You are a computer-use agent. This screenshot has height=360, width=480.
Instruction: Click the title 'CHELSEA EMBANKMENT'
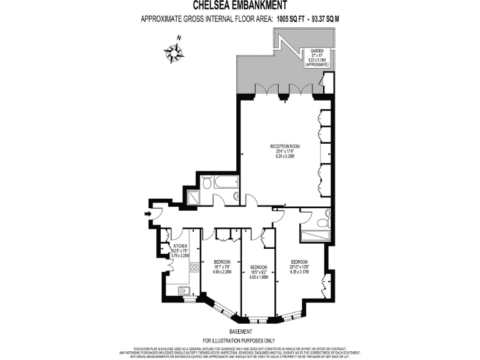pos(240,6)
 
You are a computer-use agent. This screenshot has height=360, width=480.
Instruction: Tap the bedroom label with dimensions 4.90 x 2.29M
pos(222,267)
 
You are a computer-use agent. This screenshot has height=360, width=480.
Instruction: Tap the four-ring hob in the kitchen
pos(194,267)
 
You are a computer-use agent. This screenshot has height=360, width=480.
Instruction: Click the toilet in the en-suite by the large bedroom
pos(322,222)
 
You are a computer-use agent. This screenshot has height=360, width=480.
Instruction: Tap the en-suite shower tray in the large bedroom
pos(315,236)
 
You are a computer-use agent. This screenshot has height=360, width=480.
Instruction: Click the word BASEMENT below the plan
pos(240,331)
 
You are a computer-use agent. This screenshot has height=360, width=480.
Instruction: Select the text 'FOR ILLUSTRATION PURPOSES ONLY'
pos(240,339)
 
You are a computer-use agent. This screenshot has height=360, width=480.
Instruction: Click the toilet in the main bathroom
pos(207,182)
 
